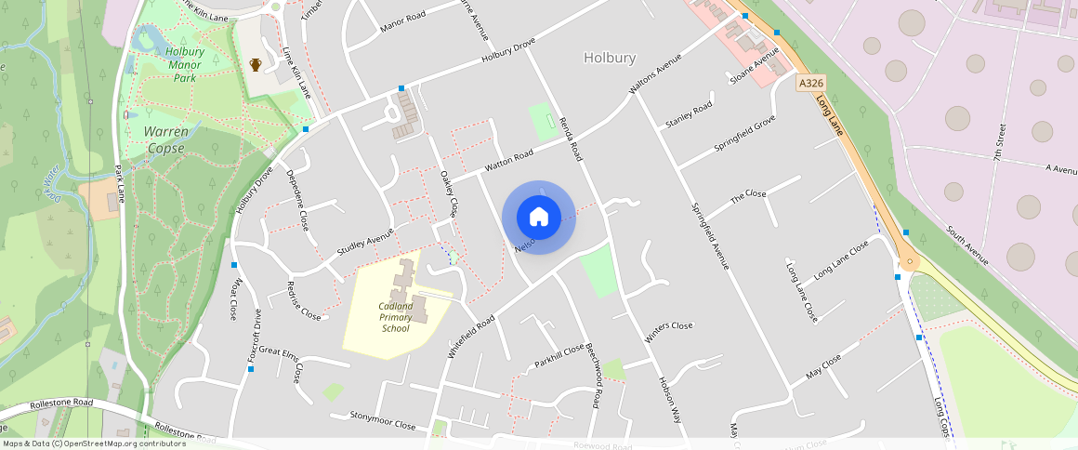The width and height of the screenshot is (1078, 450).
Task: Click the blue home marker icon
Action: coord(539,218)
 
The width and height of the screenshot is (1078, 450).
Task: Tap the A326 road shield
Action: coord(810,83)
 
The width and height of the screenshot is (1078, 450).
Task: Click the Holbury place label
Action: coord(610,58)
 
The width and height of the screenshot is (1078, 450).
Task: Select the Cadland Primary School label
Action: coord(395,317)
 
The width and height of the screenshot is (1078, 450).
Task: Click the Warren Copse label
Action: coord(166,139)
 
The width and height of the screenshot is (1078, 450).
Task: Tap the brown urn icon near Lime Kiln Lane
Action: coord(255,65)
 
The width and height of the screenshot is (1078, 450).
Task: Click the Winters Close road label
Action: coord(669,326)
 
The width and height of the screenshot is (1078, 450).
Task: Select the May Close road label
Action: coord(824,365)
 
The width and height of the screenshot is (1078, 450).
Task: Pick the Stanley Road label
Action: coord(689,116)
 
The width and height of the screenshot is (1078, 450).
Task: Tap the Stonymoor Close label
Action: coord(382,419)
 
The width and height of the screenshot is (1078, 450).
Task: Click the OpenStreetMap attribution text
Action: coord(93,443)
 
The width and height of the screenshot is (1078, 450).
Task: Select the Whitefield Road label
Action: coord(470,334)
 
